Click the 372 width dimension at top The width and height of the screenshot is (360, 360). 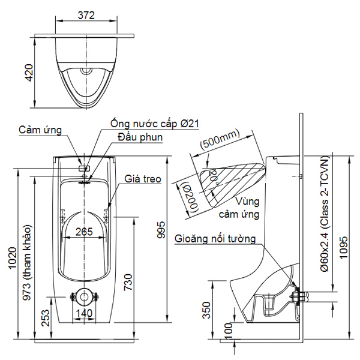[86, 16]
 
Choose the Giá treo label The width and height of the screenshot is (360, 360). [142, 179]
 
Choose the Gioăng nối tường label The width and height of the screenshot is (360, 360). [215, 239]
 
